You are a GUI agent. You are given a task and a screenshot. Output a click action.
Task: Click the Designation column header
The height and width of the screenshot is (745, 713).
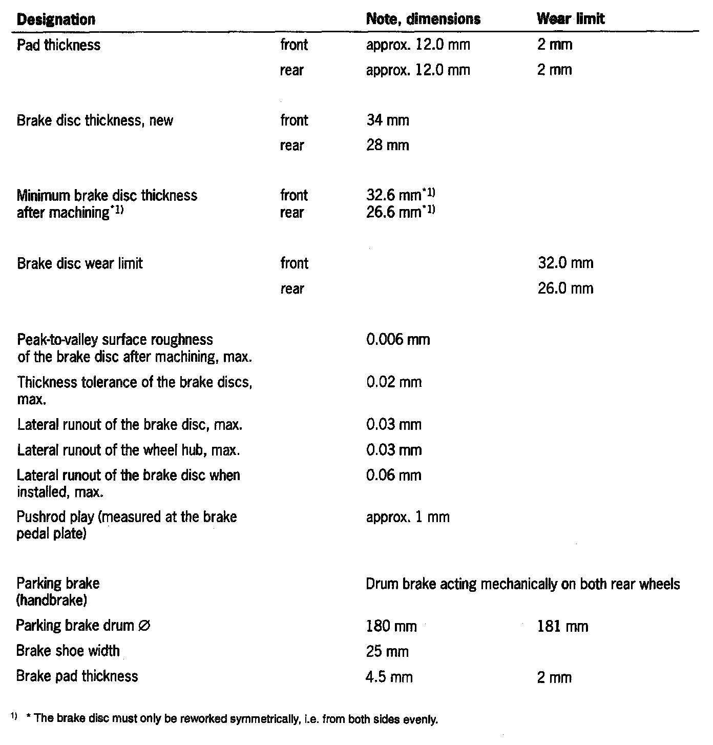click(56, 20)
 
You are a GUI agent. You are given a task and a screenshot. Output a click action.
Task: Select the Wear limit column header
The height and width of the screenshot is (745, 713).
click(571, 19)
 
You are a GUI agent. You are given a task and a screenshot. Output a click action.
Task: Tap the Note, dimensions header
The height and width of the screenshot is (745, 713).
click(424, 19)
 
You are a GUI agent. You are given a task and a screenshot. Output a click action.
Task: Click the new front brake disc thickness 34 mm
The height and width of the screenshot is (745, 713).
click(388, 121)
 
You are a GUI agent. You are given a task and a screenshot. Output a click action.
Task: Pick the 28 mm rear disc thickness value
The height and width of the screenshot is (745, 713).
click(388, 146)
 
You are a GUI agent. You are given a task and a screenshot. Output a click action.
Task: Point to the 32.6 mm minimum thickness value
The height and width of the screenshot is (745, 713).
click(400, 195)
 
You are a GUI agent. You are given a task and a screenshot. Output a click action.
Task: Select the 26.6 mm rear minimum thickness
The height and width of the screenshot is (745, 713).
click(400, 213)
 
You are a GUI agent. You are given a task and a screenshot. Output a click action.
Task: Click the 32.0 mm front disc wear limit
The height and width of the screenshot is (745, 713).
click(565, 263)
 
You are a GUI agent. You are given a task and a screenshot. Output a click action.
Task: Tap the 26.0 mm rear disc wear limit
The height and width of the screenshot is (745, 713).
click(565, 288)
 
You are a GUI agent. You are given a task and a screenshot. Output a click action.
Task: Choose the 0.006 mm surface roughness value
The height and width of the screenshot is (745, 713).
click(398, 340)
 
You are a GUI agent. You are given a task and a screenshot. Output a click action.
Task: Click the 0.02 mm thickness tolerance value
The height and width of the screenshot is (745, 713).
click(394, 382)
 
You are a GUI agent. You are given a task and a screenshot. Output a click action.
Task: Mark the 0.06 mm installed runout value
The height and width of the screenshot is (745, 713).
click(394, 475)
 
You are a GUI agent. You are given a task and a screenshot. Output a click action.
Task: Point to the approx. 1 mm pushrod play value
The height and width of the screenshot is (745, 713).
click(408, 517)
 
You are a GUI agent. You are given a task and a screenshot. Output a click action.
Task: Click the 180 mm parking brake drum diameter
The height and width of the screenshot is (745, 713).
click(391, 627)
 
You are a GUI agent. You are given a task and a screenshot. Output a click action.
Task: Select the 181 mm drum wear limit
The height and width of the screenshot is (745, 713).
click(563, 627)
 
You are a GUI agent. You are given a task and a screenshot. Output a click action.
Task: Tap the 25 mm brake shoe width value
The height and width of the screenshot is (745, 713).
click(388, 652)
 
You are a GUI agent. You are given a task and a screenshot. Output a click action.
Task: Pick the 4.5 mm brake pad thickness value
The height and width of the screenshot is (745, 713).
click(389, 677)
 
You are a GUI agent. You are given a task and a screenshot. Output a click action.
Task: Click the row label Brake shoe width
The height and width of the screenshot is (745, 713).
click(68, 651)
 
